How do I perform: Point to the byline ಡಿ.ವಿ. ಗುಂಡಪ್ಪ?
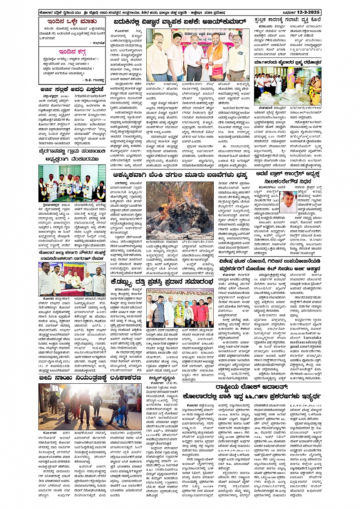[94, 80]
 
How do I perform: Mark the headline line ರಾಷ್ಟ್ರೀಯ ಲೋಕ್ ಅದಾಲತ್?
[251, 387]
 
